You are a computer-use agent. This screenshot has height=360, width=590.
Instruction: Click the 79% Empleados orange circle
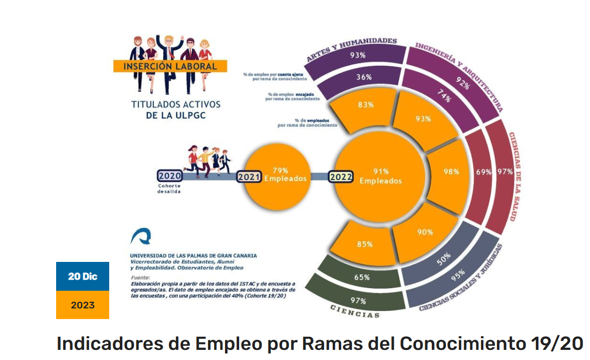click(280, 174)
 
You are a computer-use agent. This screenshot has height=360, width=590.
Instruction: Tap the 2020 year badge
click(169, 176)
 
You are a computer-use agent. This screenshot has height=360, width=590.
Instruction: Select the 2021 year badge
click(249, 177)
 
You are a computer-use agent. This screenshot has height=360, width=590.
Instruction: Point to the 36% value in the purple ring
click(364, 77)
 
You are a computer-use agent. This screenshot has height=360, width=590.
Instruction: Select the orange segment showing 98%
click(450, 172)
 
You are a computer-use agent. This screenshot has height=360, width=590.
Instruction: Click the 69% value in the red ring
click(483, 172)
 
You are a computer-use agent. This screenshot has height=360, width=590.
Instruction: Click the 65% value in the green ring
click(361, 277)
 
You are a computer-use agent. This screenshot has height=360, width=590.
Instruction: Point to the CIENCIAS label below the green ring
click(354, 312)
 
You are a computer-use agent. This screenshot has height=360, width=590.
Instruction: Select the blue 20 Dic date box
click(82, 277)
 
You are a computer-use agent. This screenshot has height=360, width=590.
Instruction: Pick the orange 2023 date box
click(82, 305)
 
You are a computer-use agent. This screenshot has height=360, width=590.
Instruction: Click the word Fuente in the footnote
click(140, 278)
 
